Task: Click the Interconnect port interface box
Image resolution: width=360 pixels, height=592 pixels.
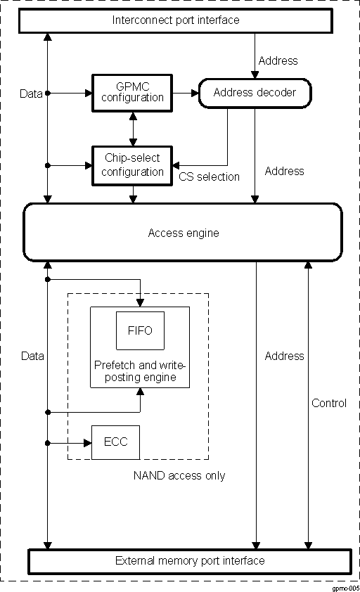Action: pyautogui.click(x=176, y=20)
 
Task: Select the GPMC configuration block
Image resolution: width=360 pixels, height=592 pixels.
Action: pyautogui.click(x=132, y=92)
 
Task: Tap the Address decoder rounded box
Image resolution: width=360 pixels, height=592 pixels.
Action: pyautogui.click(x=254, y=92)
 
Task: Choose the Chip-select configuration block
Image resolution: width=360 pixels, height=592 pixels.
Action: pyautogui.click(x=132, y=166)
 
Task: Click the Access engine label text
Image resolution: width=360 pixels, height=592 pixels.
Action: pyautogui.click(x=183, y=233)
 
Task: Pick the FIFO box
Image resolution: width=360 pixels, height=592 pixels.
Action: pyautogui.click(x=140, y=330)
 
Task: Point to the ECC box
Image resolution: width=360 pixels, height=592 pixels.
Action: pyautogui.click(x=116, y=443)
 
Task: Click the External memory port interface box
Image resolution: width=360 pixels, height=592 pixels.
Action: pyautogui.click(x=189, y=560)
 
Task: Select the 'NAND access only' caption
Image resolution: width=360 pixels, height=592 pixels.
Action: pyautogui.click(x=179, y=476)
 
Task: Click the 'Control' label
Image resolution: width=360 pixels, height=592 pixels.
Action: pyautogui.click(x=329, y=403)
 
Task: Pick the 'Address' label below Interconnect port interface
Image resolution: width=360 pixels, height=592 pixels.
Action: pyautogui.click(x=278, y=60)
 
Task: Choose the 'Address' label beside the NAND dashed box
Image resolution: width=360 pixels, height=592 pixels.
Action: pyautogui.click(x=284, y=356)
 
